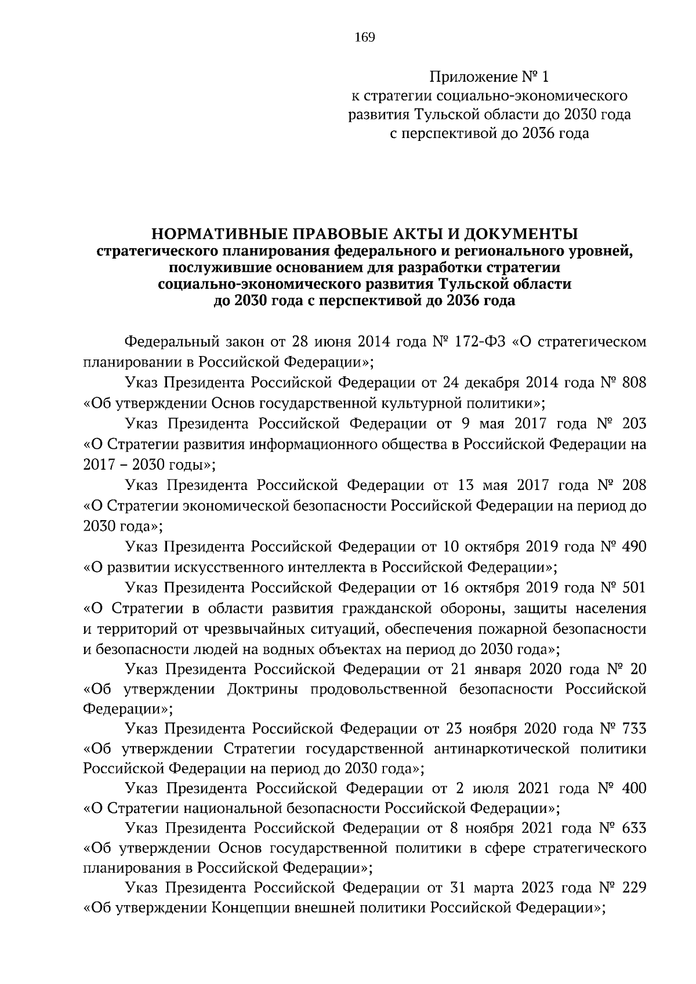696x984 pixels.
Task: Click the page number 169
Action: (365, 38)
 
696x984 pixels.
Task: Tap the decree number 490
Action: (633, 546)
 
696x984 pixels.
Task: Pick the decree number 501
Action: (632, 587)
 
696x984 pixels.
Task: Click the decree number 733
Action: (633, 728)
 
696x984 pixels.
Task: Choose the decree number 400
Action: (633, 789)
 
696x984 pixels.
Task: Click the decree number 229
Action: (633, 888)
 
